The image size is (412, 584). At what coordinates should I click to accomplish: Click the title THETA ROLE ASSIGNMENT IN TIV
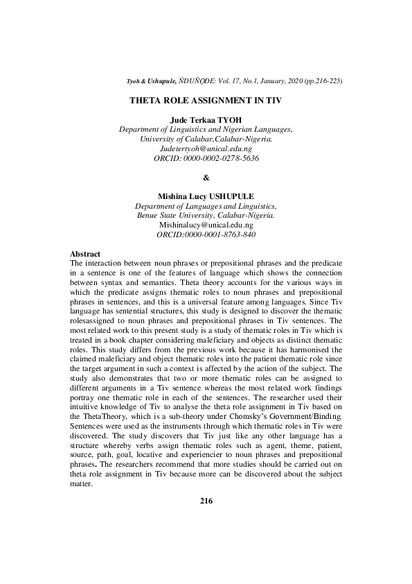pos(206,101)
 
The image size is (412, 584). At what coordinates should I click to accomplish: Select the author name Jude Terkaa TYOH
pos(206,120)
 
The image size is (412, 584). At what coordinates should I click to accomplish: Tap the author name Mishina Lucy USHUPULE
pos(206,196)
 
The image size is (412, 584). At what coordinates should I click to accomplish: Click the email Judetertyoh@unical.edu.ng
pos(206,148)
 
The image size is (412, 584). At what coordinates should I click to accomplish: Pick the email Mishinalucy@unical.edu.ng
pos(206,225)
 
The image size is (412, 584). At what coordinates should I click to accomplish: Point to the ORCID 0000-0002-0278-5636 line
pos(206,158)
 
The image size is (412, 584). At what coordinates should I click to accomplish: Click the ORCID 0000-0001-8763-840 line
pos(206,234)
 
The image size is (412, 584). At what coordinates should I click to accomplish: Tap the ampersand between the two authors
pos(206,177)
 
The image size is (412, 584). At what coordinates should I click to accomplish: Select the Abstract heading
pos(85,255)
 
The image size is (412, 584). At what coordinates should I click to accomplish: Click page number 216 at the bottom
pos(206,501)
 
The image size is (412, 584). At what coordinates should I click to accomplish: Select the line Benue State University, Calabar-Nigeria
pos(206,215)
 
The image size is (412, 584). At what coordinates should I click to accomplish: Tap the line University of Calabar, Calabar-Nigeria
pos(206,139)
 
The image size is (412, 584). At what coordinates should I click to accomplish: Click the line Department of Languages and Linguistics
pos(206,206)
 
